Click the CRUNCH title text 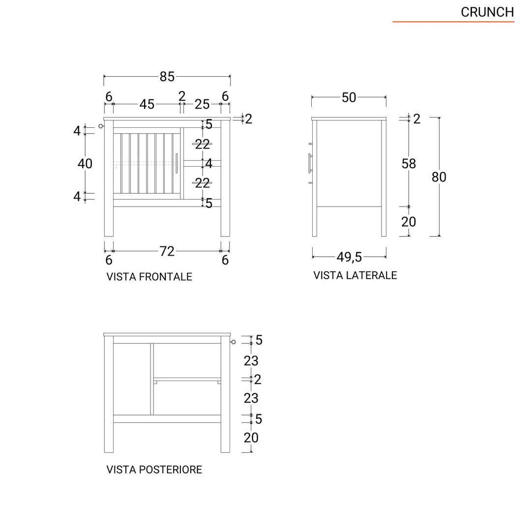[x=487, y=12]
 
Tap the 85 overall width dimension [x=167, y=77]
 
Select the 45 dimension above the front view [x=147, y=104]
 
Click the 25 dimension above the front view [x=202, y=104]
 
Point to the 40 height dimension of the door [x=85, y=163]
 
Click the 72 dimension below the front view [x=167, y=251]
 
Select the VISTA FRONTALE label [x=149, y=277]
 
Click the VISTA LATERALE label [x=355, y=275]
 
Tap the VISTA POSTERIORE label [x=154, y=470]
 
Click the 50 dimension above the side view [x=349, y=97]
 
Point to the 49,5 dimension [x=349, y=257]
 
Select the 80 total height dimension [x=439, y=177]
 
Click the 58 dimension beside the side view [x=409, y=164]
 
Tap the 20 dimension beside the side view [x=409, y=222]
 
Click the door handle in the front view [x=177, y=163]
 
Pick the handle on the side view [x=309, y=163]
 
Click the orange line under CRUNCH [x=453, y=22]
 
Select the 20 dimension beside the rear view [x=251, y=437]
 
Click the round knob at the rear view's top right [x=234, y=342]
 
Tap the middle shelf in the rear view [x=187, y=379]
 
